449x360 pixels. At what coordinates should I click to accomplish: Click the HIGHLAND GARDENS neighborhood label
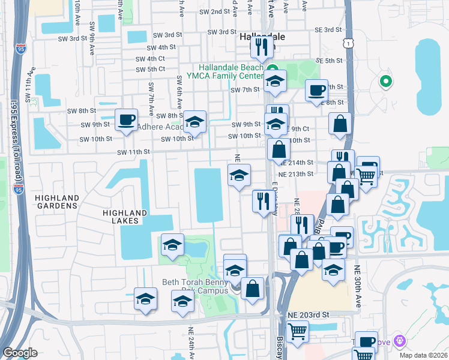point(57,201)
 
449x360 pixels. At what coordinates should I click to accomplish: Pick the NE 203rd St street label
point(309,314)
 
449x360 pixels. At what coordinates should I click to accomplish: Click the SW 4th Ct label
point(150,59)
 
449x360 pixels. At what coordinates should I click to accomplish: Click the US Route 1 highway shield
point(346,42)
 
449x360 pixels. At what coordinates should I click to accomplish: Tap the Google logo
point(20,353)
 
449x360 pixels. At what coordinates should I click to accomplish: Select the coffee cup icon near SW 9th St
point(126,119)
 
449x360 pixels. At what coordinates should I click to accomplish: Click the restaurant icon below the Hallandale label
point(261,47)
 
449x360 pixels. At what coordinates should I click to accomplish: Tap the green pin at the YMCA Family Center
point(272,69)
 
